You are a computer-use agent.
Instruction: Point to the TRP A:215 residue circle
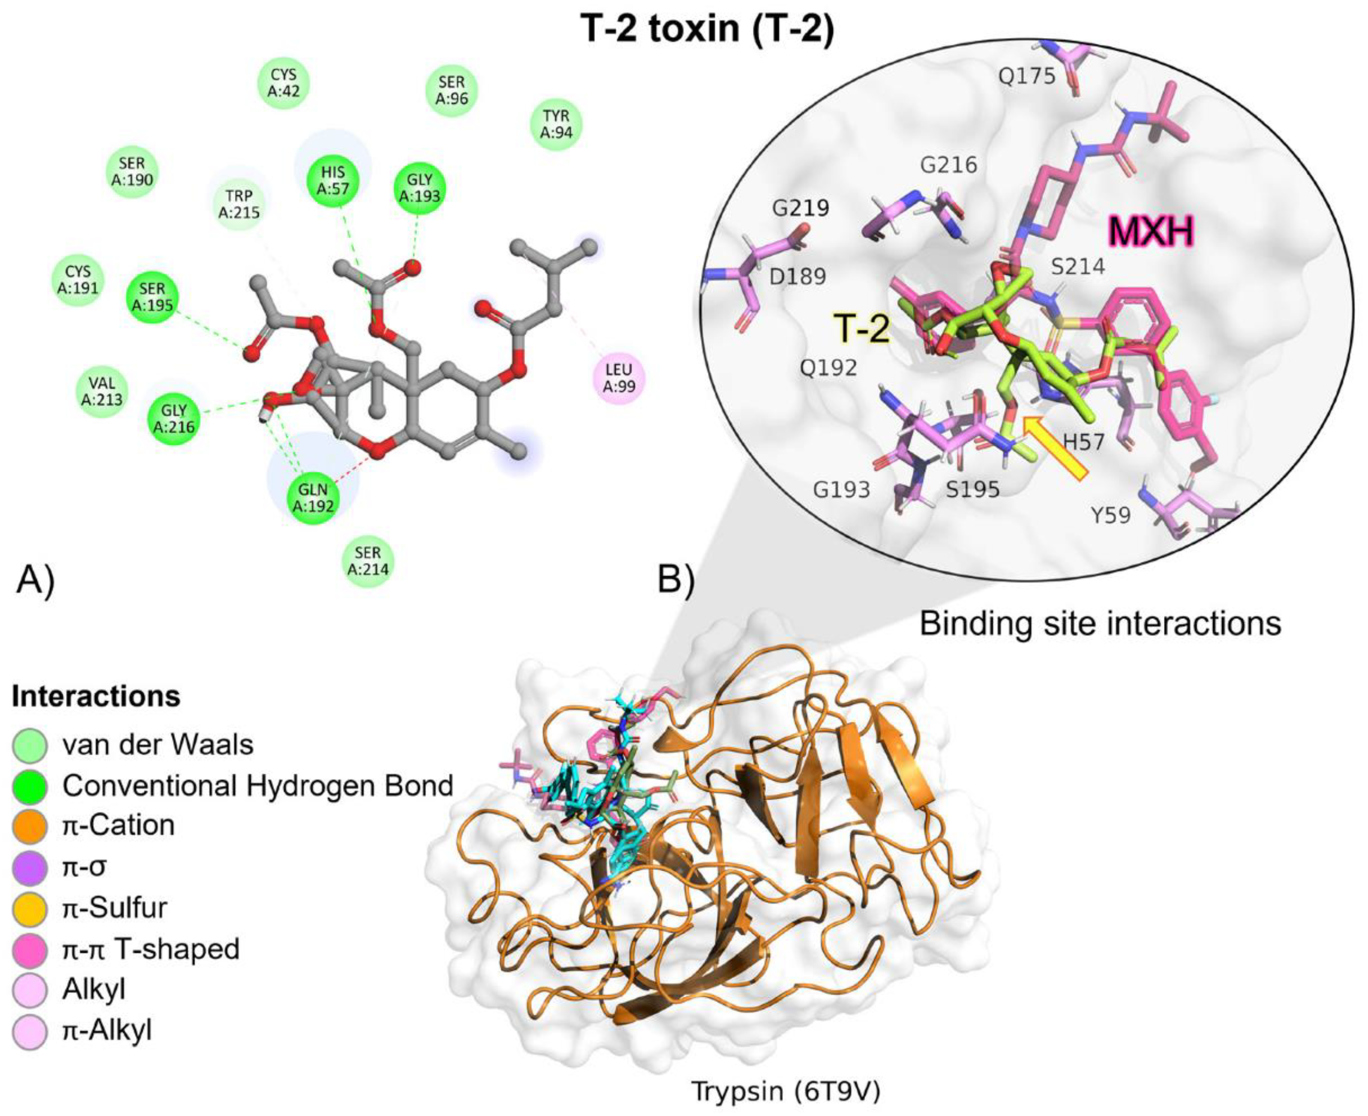click(x=239, y=203)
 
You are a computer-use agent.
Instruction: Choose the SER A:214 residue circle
click(x=367, y=561)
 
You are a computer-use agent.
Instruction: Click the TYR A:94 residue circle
click(x=556, y=124)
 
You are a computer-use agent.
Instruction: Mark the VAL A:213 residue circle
click(x=102, y=392)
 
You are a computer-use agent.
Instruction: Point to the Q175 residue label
click(x=1027, y=76)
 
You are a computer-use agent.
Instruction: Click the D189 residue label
click(x=798, y=276)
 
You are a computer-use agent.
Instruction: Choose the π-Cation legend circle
click(x=30, y=826)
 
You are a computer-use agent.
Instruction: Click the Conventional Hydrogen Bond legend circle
click(x=30, y=785)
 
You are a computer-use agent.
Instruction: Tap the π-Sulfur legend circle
click(x=30, y=908)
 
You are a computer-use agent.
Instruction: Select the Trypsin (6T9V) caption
click(x=785, y=1090)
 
